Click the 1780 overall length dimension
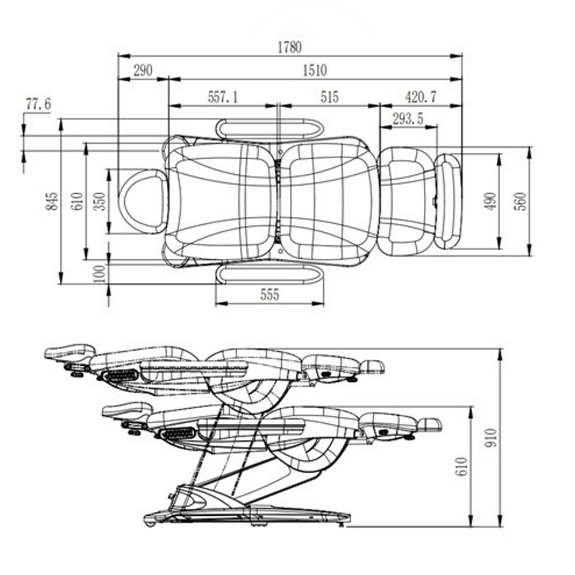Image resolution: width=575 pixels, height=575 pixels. pyautogui.click(x=289, y=47)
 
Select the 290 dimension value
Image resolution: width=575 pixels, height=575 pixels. pyautogui.click(x=143, y=70)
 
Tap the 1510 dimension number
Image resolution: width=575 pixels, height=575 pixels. pyautogui.click(x=315, y=70)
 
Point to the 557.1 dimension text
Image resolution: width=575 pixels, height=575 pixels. pyautogui.click(x=223, y=97)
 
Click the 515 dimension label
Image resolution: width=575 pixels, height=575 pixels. pyautogui.click(x=329, y=97)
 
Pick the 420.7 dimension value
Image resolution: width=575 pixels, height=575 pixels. pyautogui.click(x=421, y=97)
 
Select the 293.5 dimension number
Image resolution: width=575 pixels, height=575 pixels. pyautogui.click(x=408, y=119)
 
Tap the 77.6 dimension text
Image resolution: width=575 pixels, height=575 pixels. pyautogui.click(x=38, y=104)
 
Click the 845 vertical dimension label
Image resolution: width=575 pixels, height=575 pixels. pyautogui.click(x=52, y=201)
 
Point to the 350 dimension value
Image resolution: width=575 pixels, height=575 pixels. pyautogui.click(x=100, y=201)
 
